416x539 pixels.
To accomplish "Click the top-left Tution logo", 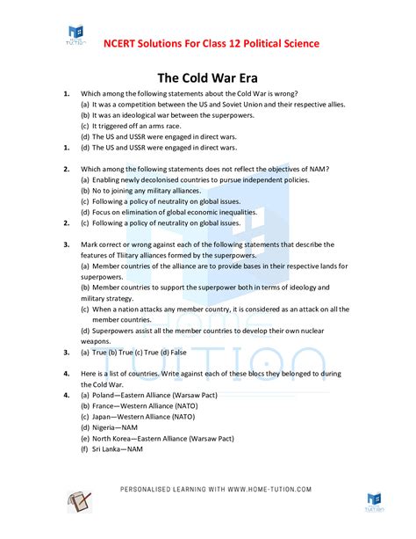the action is click(76, 35).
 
